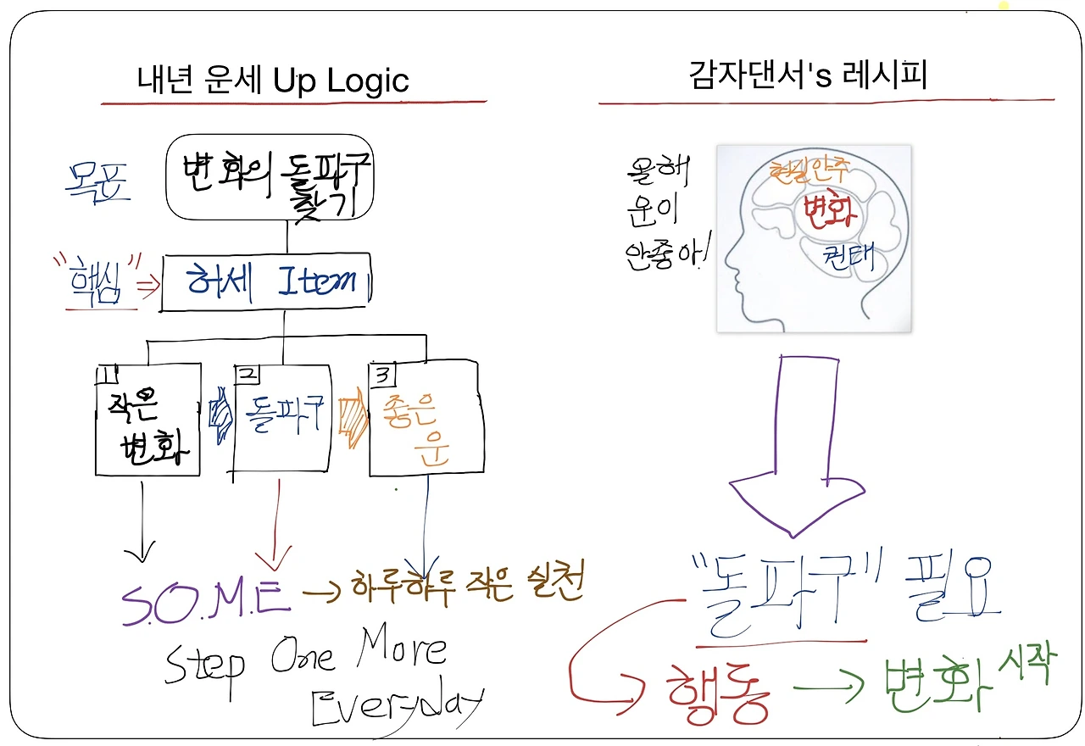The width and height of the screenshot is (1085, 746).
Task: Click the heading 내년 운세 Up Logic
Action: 273,81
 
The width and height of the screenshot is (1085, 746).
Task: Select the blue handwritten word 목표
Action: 99,182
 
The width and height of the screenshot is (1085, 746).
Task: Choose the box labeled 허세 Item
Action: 266,281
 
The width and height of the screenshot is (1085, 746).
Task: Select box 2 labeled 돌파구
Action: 281,418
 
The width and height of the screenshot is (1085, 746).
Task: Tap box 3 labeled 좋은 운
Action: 426,418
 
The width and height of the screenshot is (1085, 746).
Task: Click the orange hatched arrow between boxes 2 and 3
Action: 352,418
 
